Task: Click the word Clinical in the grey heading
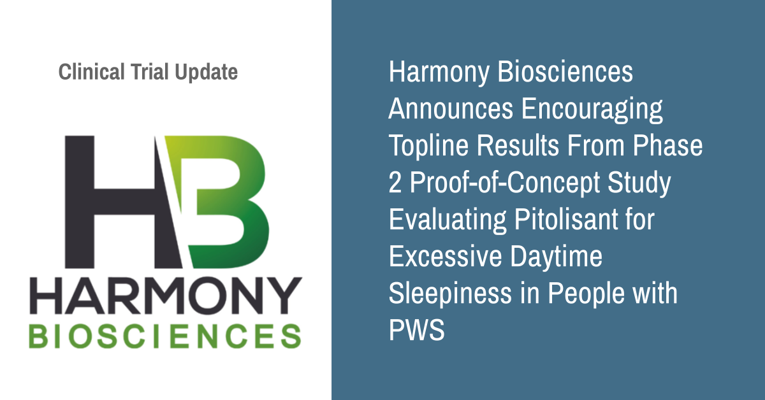coord(92,72)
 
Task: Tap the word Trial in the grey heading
coord(150,72)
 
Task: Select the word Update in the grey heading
coord(207,73)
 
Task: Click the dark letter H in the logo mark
coord(123,202)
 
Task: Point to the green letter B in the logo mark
coord(219,202)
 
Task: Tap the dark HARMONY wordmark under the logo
coord(166,296)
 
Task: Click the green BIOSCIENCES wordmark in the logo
coord(165,336)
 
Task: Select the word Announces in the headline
coord(451,108)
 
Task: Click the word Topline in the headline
coord(428,145)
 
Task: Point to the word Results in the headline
coord(518,145)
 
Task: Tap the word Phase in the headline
coord(667,145)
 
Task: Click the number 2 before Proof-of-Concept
coord(395,183)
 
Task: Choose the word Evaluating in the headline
coord(448,220)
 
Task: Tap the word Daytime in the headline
coord(557,257)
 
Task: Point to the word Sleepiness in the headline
coord(450,294)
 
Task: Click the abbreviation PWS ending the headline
coord(417,329)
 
